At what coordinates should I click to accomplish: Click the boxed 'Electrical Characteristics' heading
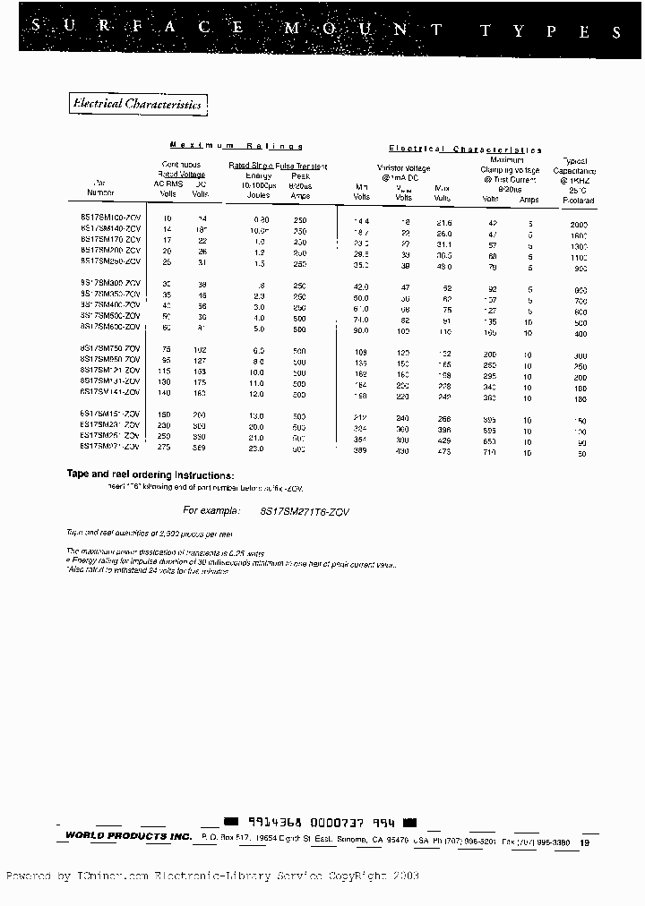pyautogui.click(x=138, y=105)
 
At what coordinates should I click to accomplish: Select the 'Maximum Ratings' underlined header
pyautogui.click(x=236, y=146)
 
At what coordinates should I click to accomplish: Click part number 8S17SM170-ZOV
pyautogui.click(x=111, y=240)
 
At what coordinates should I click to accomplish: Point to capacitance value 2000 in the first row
pyautogui.click(x=580, y=221)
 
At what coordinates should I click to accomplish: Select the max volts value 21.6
pyautogui.click(x=443, y=221)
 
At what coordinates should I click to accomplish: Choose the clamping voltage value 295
pyautogui.click(x=491, y=376)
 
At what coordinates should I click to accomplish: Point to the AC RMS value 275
pyautogui.click(x=166, y=446)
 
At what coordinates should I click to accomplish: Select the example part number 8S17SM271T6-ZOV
pyautogui.click(x=304, y=510)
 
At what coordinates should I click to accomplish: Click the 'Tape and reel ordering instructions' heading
pyautogui.click(x=150, y=474)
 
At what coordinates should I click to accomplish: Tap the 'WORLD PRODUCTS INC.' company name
pyautogui.click(x=128, y=836)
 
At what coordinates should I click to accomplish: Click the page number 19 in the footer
pyautogui.click(x=584, y=842)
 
